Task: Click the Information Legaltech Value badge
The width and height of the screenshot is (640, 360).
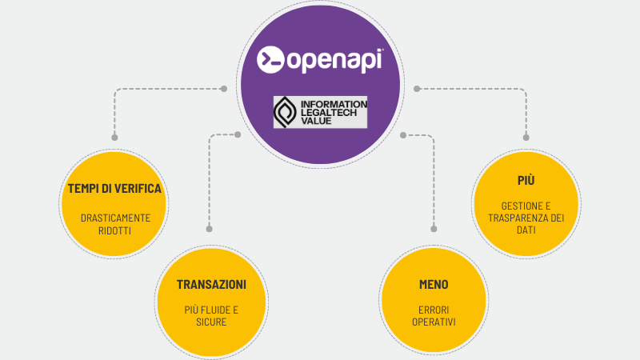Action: (x=320, y=112)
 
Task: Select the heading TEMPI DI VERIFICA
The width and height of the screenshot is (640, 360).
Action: (x=115, y=189)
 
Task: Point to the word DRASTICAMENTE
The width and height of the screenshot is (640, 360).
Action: (x=115, y=218)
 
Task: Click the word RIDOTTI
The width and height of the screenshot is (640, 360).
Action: (x=115, y=230)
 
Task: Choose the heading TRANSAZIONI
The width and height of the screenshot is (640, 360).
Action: (x=211, y=285)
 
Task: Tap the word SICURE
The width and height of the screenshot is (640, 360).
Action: (x=211, y=322)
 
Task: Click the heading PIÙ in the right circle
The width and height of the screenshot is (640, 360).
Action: (x=526, y=180)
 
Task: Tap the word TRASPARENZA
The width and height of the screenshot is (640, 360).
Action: (x=515, y=218)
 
